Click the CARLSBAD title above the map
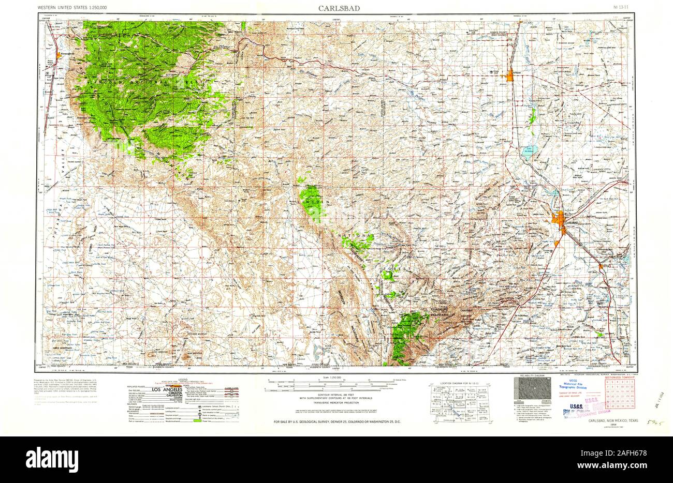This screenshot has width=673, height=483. (336, 8)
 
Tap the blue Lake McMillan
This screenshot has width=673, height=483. (528, 151)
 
